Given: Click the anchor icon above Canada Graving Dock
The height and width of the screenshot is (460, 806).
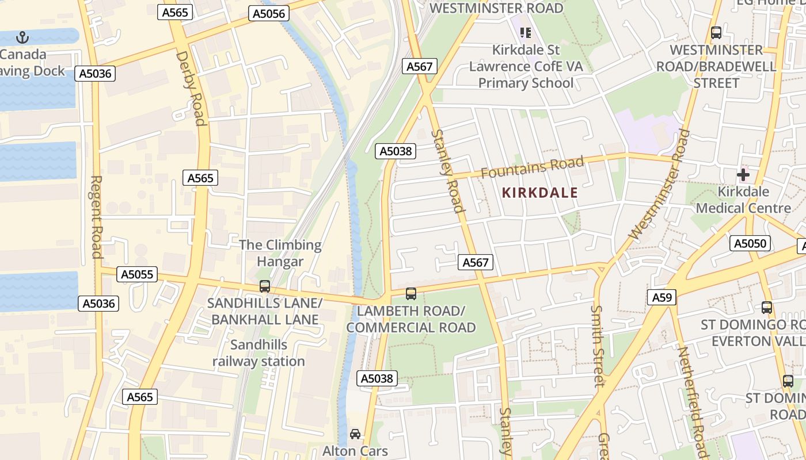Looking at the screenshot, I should pos(22,38).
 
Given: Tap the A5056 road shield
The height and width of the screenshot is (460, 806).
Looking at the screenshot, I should pos(268,13).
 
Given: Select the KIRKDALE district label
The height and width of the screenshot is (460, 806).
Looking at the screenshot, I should pos(539,193).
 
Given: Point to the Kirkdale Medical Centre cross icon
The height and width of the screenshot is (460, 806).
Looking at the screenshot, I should pos(743,174).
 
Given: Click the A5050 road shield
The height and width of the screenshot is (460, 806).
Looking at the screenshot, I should pos(750,243).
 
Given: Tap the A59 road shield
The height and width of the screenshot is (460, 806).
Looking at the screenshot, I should pos(661,297).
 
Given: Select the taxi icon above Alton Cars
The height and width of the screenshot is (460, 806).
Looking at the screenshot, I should pos(355,434).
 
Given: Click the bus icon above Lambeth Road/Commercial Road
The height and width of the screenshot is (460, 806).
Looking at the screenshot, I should pos(410,294).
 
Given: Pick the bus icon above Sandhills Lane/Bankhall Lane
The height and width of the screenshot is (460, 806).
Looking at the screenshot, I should pos(265,286).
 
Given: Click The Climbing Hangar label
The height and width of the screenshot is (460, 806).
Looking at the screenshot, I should pos(280,253).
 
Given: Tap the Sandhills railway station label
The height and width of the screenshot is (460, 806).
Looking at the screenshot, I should pos(258,353).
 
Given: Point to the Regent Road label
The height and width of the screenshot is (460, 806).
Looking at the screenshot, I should pos(96,217).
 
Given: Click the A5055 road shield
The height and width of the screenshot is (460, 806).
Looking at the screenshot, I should pos(137,274).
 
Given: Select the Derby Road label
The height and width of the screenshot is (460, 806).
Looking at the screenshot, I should pos(191,88).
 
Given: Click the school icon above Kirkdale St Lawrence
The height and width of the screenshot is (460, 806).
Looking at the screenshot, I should pos(524,33).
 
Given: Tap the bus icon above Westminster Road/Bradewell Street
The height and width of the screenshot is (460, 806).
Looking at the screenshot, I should pos(716,33).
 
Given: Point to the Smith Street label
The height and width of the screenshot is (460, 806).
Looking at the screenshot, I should pos(597,345).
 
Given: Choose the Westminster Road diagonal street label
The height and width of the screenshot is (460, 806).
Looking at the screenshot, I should pos(659,185).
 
